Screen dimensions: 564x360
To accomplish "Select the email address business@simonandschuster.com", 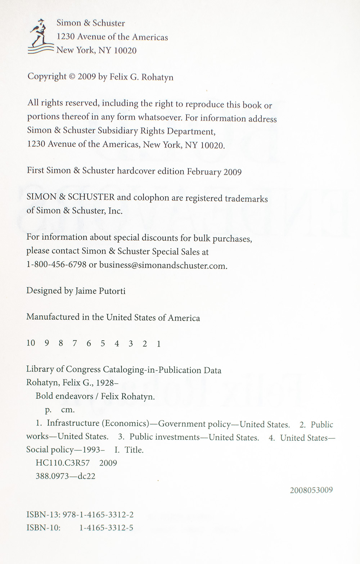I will tap(163, 265).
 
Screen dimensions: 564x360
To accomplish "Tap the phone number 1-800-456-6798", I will tap(57, 265).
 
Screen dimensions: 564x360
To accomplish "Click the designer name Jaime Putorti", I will tap(100, 291).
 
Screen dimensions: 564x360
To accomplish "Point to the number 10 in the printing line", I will tap(31, 343).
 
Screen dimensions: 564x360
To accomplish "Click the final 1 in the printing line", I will tap(158, 344).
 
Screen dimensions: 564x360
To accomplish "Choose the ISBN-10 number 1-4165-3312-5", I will tap(106, 528).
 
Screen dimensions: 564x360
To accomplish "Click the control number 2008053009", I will tap(311, 490).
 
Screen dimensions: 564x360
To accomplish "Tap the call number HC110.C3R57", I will tap(63, 463).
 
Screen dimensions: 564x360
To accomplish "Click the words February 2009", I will tap(214, 172).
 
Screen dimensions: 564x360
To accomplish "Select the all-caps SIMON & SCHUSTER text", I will tap(71, 197).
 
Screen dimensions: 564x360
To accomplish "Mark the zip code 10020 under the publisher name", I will tap(125, 51).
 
